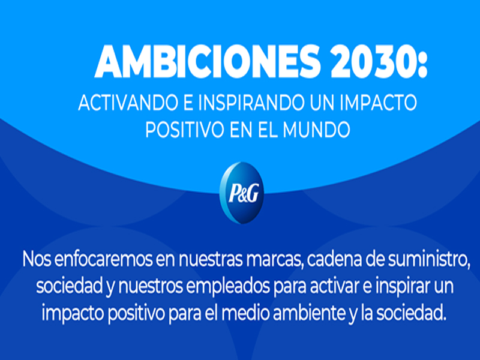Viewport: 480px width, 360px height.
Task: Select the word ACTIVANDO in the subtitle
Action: tap(128, 102)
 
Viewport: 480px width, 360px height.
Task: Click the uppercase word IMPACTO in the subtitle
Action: tap(379, 102)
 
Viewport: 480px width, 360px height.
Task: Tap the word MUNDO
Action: tap(317, 130)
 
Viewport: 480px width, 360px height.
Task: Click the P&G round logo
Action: tap(242, 193)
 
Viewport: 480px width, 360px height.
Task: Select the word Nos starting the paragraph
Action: tap(37, 260)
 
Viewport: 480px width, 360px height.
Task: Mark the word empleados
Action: tap(228, 287)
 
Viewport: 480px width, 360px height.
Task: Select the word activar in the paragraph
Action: tap(335, 287)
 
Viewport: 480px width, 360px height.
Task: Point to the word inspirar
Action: tap(404, 287)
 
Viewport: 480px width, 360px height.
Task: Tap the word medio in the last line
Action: tap(246, 313)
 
